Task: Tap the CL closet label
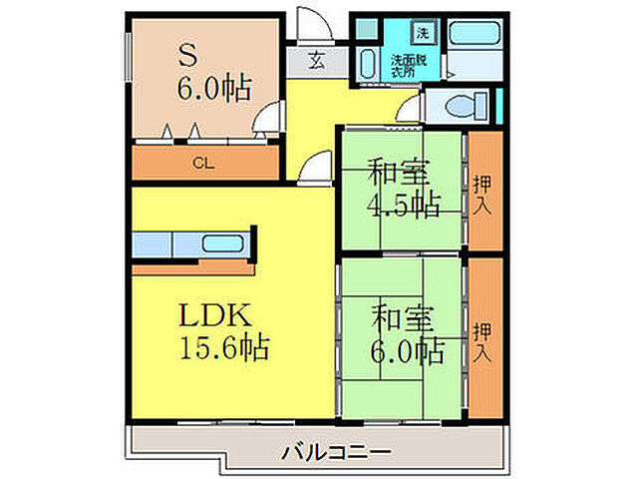click(x=200, y=163)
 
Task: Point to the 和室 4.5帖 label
click(x=403, y=189)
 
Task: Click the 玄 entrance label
click(x=315, y=60)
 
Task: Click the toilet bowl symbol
click(x=464, y=103)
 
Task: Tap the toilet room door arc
click(x=409, y=113)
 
